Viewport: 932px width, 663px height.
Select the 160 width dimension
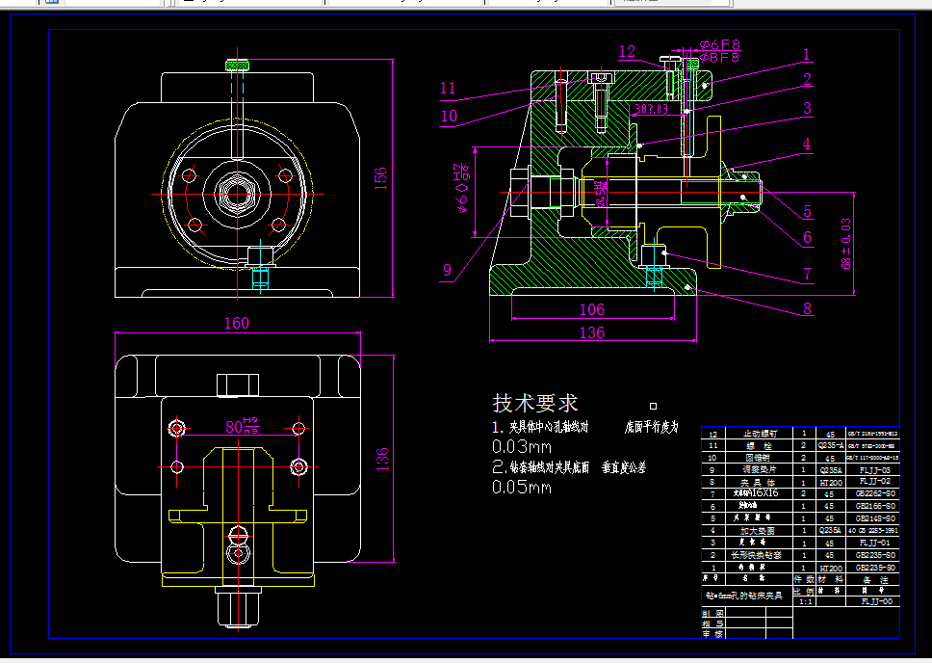(236, 323)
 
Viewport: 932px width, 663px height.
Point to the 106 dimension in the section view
(591, 309)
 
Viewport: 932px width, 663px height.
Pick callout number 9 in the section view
(446, 271)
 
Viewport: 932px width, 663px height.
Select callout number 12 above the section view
(627, 51)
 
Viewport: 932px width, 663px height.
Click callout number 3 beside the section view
(808, 109)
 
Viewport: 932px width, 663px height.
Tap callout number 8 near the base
(807, 308)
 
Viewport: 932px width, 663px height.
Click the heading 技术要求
(535, 403)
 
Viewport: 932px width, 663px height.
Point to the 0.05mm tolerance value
(521, 487)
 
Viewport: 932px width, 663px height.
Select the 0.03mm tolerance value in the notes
(521, 447)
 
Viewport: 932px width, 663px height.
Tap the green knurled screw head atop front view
(237, 66)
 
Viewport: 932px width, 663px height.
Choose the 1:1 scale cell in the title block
(804, 600)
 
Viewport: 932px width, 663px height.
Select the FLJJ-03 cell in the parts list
(875, 471)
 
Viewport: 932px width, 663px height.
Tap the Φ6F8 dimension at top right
(719, 44)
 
